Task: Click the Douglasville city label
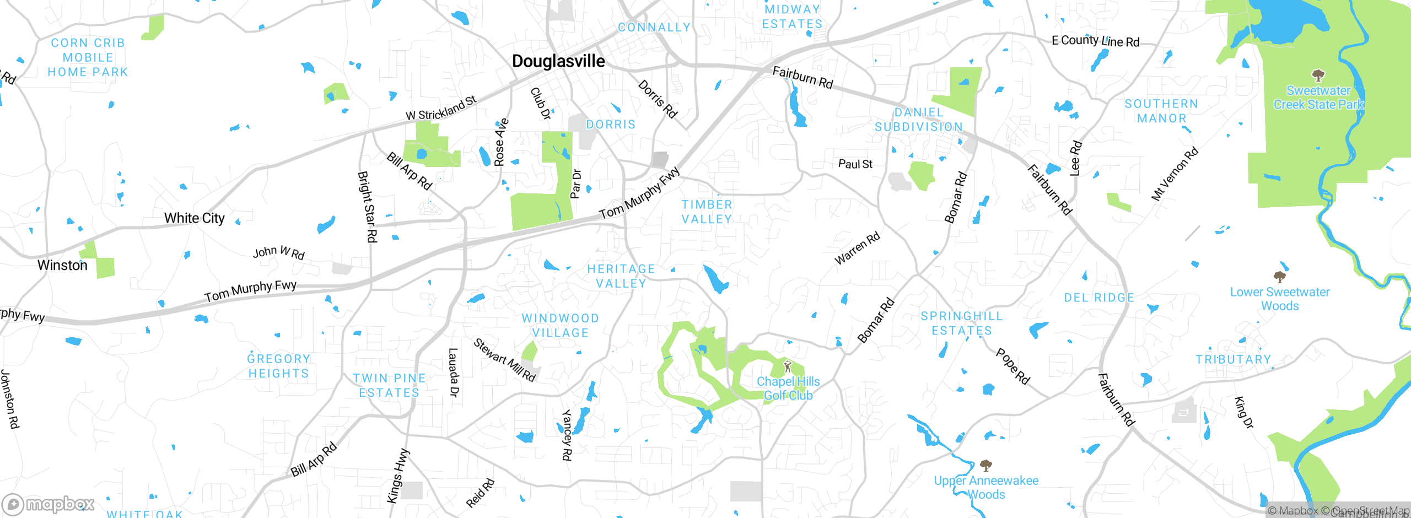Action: coord(558,61)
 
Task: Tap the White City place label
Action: coord(194,218)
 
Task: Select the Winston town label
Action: coord(62,265)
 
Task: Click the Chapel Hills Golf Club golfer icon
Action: coord(788,366)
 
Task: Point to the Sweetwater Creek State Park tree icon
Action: coord(1318,75)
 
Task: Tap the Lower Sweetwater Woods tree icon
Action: coord(1279,277)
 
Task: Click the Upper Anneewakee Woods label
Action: coord(986,487)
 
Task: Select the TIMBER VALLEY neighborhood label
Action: coord(707,212)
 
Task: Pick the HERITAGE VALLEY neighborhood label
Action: coord(621,276)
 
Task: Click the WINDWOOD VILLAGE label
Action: coord(561,326)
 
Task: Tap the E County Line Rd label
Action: coord(1095,41)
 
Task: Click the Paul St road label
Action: coord(855,164)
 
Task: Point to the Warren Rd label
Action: coord(857,249)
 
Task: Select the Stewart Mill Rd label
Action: coord(504,360)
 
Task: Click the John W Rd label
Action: coord(278,252)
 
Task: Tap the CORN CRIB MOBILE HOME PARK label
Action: coord(88,57)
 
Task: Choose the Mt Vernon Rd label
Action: coord(1175,174)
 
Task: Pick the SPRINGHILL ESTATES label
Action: coord(962,323)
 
